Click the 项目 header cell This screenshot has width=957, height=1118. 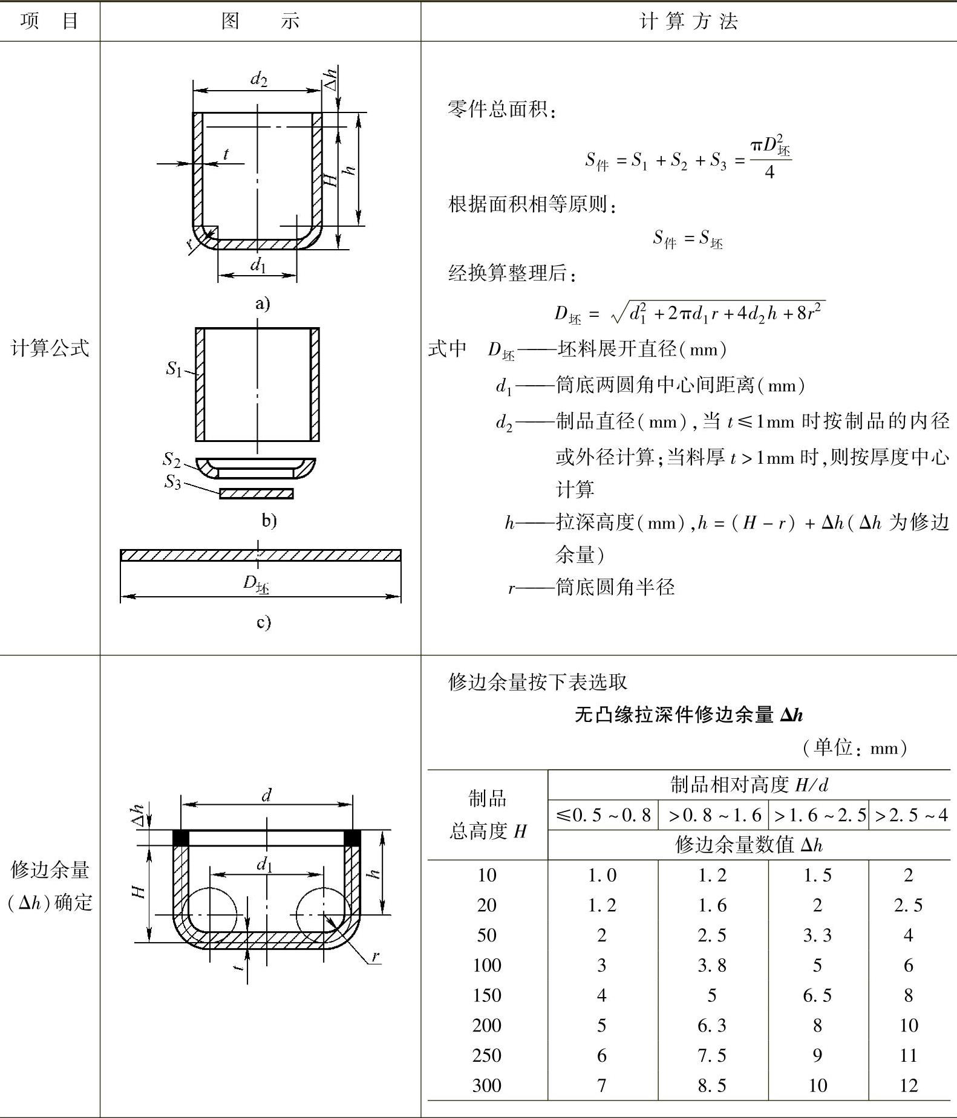click(49, 21)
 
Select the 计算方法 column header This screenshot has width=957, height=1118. click(688, 21)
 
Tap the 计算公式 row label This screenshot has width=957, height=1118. click(50, 348)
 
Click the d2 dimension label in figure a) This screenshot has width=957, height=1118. click(259, 79)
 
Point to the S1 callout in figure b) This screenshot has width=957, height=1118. click(174, 368)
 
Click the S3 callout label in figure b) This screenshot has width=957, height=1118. click(172, 482)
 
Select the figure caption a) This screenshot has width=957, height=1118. click(263, 303)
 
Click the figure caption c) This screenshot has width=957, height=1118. click(263, 622)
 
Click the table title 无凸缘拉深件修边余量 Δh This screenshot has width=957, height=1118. click(688, 715)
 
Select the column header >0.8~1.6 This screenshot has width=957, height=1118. click(714, 816)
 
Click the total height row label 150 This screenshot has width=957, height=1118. click(486, 995)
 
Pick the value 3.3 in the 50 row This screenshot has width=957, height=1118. click(817, 935)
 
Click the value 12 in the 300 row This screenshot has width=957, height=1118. click(909, 1085)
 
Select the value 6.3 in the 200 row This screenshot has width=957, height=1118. click(712, 1025)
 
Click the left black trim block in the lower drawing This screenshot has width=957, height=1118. click(181, 837)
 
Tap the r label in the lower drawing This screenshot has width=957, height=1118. click(376, 956)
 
